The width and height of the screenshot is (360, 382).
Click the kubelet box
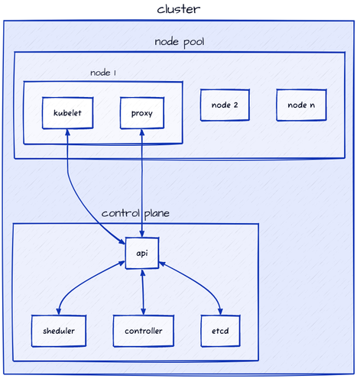point(67,113)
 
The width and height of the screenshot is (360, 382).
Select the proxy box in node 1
point(142,113)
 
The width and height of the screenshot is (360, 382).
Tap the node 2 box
point(225,105)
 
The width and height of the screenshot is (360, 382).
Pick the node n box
point(301,105)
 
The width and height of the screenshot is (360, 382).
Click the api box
point(142,253)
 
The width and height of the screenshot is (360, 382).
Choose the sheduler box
point(58,330)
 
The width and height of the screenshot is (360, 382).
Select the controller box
point(143,330)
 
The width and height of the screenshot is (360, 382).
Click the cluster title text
point(179,9)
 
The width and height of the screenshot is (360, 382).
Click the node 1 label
point(103,73)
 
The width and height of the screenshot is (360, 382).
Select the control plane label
point(135,213)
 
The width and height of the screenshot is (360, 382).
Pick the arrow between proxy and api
point(142,183)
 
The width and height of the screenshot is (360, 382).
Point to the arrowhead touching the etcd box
point(221,312)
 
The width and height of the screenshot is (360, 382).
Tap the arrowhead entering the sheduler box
point(58,312)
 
